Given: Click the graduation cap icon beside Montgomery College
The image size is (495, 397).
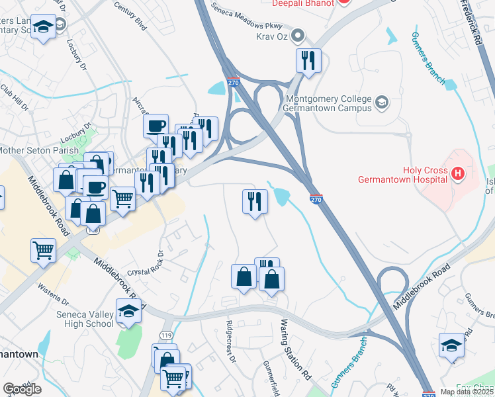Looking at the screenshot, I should (382, 102).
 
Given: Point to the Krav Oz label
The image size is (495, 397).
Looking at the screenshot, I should (274, 35).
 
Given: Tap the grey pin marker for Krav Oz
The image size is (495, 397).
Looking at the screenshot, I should (299, 34).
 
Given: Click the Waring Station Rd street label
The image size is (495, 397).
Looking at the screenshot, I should (295, 349).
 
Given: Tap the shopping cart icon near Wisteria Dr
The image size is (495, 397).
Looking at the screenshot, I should (43, 251).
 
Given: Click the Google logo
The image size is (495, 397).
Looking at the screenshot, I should (22, 388).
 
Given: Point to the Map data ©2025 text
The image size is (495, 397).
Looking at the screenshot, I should (466, 392).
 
